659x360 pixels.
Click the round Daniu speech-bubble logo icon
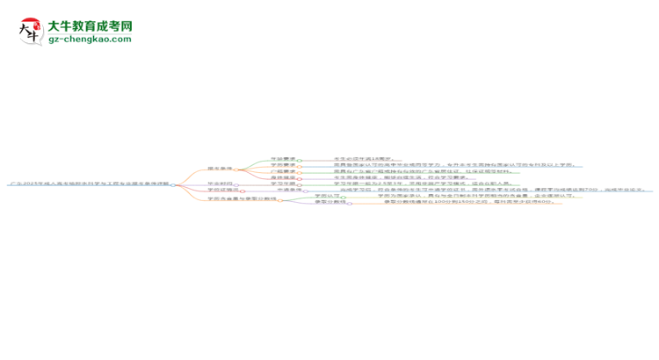[31, 32]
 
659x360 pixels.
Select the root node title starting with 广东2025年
[89, 184]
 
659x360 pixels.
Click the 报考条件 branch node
[219, 168]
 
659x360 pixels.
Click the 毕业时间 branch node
[219, 184]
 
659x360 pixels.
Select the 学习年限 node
[282, 184]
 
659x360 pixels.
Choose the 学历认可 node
[325, 196]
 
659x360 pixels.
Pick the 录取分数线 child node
[329, 202]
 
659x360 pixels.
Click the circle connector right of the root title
[173, 184]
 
